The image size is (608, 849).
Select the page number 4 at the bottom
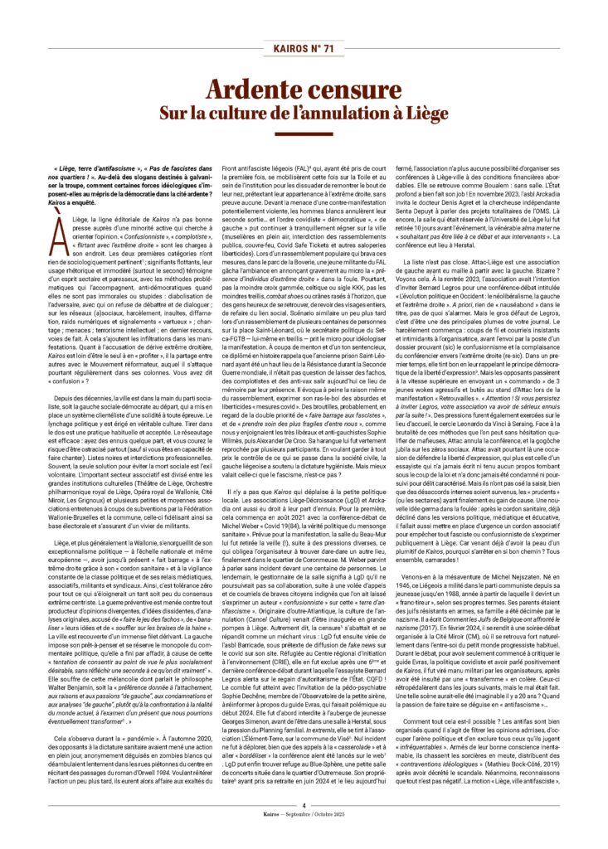[x=304, y=829]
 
